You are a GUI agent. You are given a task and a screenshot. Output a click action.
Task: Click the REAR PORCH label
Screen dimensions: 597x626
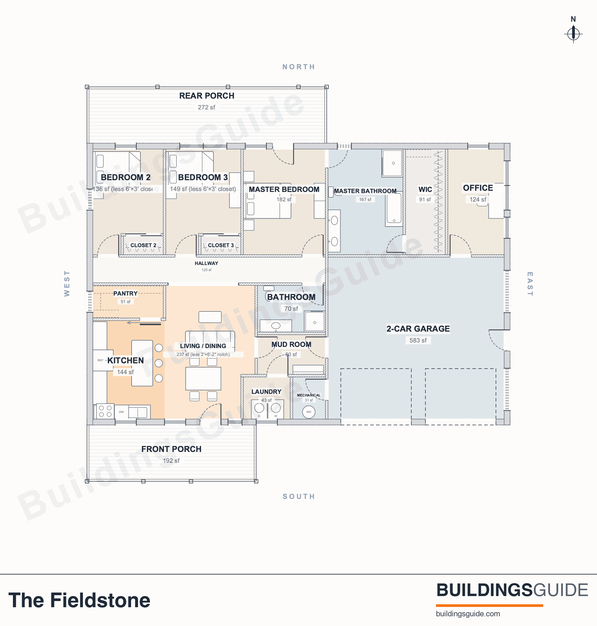(207, 96)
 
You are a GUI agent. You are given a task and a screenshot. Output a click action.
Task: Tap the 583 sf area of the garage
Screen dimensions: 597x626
(418, 340)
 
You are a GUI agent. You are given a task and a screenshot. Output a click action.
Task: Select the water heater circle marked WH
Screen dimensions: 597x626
(308, 412)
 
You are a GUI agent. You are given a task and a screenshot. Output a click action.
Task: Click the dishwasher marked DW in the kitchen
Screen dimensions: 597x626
(122, 412)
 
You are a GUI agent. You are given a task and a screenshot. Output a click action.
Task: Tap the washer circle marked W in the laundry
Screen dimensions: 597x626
(276, 408)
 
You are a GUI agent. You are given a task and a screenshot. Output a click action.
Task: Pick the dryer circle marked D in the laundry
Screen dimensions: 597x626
(259, 408)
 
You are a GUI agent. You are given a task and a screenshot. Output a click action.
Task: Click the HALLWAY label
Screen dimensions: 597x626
(206, 263)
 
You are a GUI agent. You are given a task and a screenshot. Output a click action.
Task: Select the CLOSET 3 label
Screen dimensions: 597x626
(221, 245)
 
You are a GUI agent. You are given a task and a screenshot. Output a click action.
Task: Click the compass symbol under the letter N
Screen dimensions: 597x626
(573, 34)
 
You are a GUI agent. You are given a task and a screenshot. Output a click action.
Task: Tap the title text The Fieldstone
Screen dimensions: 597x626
(79, 600)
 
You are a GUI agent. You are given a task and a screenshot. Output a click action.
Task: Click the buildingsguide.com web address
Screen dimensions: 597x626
(468, 614)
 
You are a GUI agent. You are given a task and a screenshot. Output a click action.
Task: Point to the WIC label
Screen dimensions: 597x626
(425, 190)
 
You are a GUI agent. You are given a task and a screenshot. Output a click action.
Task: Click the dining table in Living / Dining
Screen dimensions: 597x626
(203, 378)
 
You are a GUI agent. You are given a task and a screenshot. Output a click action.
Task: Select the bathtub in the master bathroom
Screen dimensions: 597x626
(394, 209)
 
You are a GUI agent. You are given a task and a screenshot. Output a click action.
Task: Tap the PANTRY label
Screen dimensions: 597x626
(125, 293)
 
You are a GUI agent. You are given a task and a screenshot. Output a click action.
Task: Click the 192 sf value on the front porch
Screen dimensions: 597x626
(171, 461)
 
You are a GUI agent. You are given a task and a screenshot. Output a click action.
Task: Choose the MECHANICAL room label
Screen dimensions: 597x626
(309, 395)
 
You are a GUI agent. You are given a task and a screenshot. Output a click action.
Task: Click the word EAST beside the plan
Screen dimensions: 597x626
(530, 284)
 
